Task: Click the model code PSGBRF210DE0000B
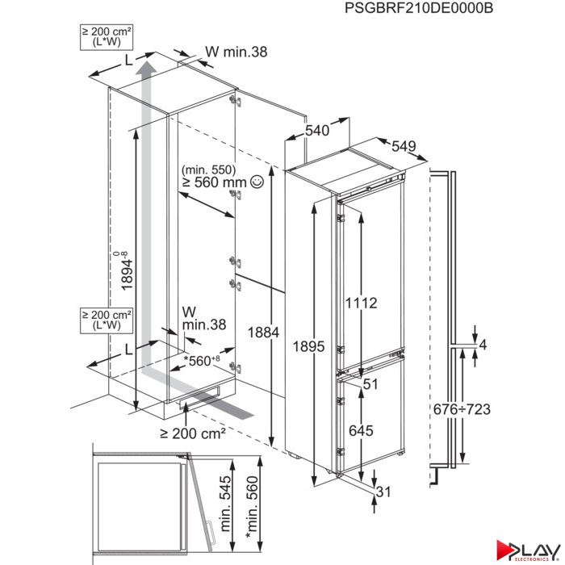[419, 7]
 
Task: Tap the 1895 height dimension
[308, 346]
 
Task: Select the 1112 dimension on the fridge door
[361, 303]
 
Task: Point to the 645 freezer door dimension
[361, 430]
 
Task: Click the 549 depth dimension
[404, 146]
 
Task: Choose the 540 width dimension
[317, 131]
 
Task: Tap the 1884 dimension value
[263, 333]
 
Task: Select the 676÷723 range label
[462, 409]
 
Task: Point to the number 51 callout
[370, 384]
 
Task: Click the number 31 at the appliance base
[383, 492]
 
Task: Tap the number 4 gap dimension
[483, 345]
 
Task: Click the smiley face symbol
[257, 182]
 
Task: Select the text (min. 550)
[208, 169]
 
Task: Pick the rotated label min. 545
[225, 504]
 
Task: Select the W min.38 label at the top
[236, 52]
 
